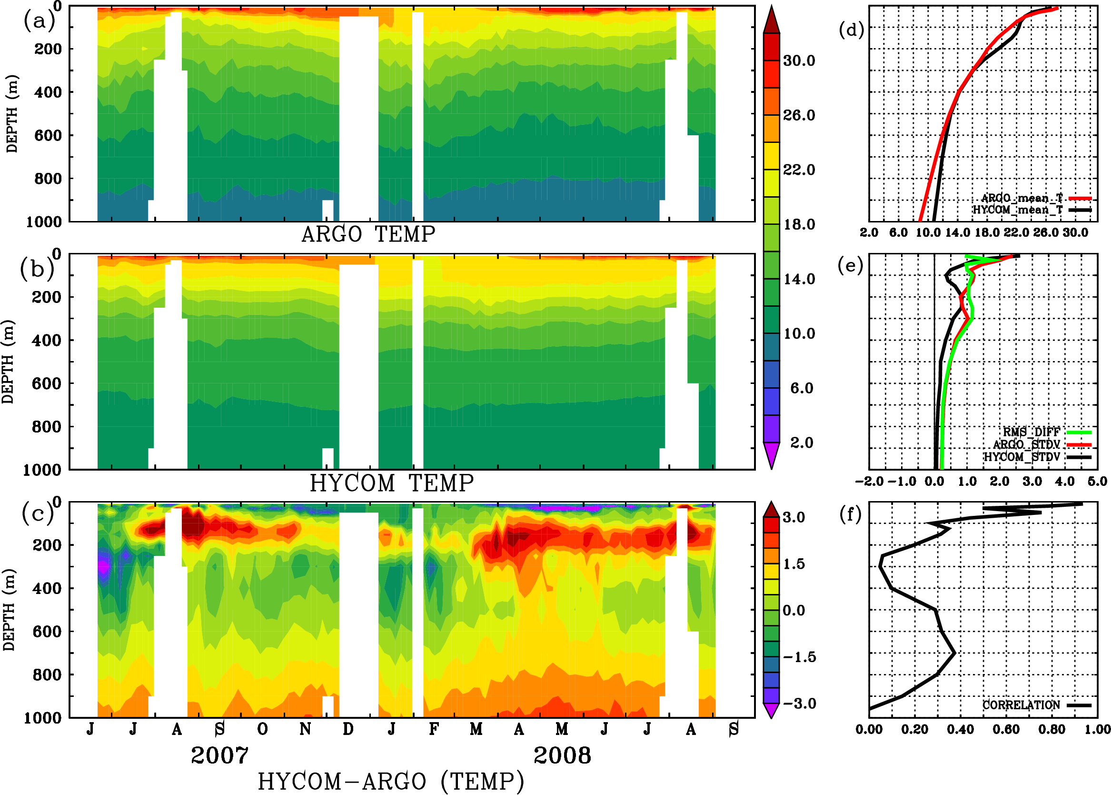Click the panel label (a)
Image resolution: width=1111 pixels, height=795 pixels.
pyautogui.click(x=39, y=21)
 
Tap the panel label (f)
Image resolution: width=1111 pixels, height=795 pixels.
pyautogui.click(x=850, y=514)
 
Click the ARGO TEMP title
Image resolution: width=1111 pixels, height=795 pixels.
pyautogui.click(x=368, y=234)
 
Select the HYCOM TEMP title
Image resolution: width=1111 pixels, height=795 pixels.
pyautogui.click(x=391, y=483)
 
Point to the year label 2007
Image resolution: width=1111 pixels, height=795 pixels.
pyautogui.click(x=219, y=755)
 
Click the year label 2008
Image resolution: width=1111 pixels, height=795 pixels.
pyautogui.click(x=562, y=755)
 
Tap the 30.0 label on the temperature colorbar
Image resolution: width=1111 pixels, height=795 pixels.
pyautogui.click(x=799, y=60)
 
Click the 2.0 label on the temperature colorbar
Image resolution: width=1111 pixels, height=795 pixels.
pyautogui.click(x=801, y=443)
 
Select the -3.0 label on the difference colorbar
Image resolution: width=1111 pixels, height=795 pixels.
pyautogui.click(x=799, y=704)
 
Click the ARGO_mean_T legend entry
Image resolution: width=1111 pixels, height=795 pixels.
pyautogui.click(x=1022, y=198)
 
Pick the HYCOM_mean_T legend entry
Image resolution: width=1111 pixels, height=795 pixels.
pyautogui.click(x=1018, y=210)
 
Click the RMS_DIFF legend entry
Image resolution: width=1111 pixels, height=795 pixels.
pyautogui.click(x=1031, y=432)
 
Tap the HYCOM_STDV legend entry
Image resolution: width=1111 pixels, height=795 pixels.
pyautogui.click(x=1022, y=457)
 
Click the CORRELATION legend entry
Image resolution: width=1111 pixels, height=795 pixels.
pyautogui.click(x=1021, y=705)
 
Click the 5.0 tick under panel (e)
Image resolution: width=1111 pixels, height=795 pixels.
pyautogui.click(x=1097, y=482)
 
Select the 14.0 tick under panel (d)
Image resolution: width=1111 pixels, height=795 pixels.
pyautogui.click(x=957, y=232)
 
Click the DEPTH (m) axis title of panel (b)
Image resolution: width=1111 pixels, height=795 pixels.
pyautogui.click(x=8, y=362)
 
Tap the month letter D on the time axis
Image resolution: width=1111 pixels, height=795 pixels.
pyautogui.click(x=348, y=729)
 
